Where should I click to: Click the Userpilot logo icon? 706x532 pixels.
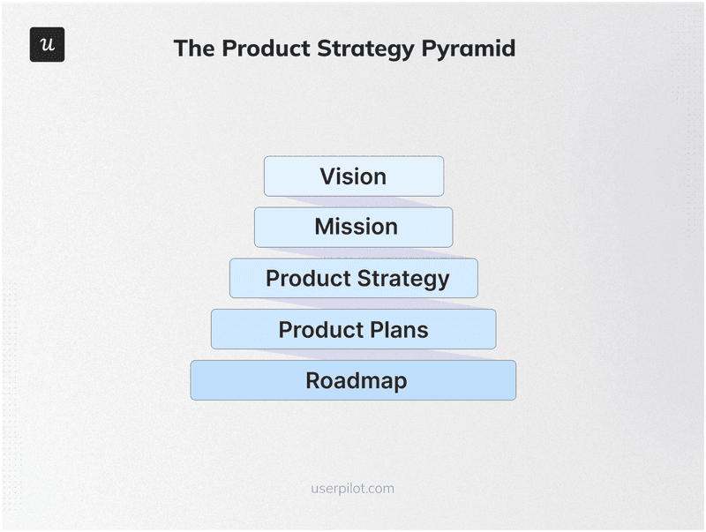coord(47,45)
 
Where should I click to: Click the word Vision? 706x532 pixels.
coord(353,176)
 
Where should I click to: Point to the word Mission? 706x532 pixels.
coord(356,228)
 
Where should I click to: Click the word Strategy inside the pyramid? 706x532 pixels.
coord(406,279)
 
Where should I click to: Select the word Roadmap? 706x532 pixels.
coord(356,381)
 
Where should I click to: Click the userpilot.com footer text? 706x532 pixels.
coord(353,488)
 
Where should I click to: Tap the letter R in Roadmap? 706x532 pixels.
coord(313,381)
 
